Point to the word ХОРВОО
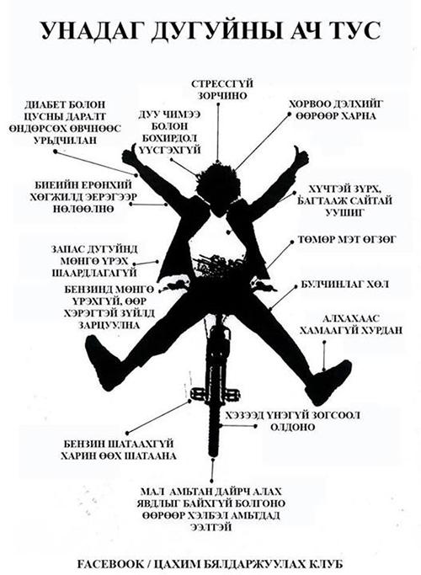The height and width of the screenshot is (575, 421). coord(312,104)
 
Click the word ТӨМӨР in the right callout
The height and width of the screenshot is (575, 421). coord(316,239)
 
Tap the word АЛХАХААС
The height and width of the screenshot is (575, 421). coord(350,318)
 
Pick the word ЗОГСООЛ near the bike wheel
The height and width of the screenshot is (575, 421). coord(336,415)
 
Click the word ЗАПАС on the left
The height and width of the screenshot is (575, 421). coord(68,249)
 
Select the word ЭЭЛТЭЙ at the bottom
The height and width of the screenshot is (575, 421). coord(210,527)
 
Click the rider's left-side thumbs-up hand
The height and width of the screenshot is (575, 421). coord(131,156)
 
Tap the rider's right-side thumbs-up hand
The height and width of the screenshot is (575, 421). coord(300,157)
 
